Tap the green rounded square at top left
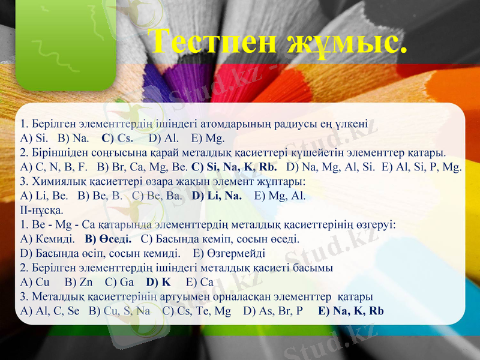pyautogui.click(x=65, y=54)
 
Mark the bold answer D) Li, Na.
pyautogui.click(x=217, y=195)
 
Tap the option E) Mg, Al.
pyautogui.click(x=280, y=195)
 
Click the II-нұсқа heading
pyautogui.click(x=41, y=210)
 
